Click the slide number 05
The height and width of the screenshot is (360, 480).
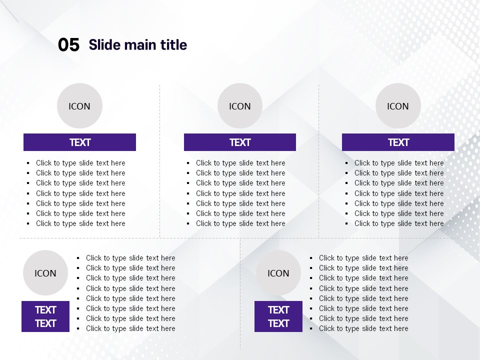pyautogui.click(x=68, y=44)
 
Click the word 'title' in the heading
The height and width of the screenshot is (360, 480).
pyautogui.click(x=173, y=44)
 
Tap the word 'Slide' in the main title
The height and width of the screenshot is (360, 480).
pyautogui.click(x=104, y=44)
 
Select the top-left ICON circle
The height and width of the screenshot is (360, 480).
pyautogui.click(x=79, y=105)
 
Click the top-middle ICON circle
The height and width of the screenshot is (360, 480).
pyautogui.click(x=240, y=105)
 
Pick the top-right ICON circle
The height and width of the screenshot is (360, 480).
pyautogui.click(x=398, y=105)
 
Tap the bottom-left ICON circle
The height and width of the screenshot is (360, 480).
pyautogui.click(x=45, y=273)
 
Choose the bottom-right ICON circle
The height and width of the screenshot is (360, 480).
pyautogui.click(x=278, y=273)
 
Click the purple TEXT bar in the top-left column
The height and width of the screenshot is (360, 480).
pyautogui.click(x=79, y=142)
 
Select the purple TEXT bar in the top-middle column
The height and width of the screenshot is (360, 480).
pyautogui.click(x=240, y=142)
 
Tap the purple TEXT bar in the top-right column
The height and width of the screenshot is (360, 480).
pyautogui.click(x=398, y=142)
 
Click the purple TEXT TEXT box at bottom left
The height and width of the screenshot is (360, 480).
pyautogui.click(x=45, y=316)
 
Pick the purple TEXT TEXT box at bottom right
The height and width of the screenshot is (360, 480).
pyautogui.click(x=278, y=316)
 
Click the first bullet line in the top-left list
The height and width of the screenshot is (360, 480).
pyautogui.click(x=80, y=163)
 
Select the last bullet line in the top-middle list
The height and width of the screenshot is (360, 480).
pyautogui.click(x=240, y=223)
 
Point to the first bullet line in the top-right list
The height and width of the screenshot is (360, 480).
pyautogui.click(x=399, y=163)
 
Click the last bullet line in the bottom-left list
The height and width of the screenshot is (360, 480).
pyautogui.click(x=130, y=328)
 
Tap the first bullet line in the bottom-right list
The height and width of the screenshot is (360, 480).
pyautogui.click(x=363, y=258)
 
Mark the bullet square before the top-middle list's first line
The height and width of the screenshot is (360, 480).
pyautogui.click(x=188, y=163)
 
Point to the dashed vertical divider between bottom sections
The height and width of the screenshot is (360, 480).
pyautogui.click(x=240, y=294)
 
